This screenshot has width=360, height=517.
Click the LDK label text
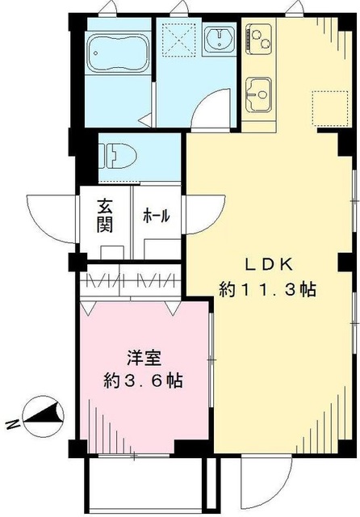coord(263,263)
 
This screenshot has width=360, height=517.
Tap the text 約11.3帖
coord(267,289)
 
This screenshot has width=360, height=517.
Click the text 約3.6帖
coord(142,380)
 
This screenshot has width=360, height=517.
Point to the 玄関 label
coord(105,215)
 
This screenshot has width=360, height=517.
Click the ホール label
coord(156,216)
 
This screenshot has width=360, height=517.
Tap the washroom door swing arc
coord(208,105)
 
